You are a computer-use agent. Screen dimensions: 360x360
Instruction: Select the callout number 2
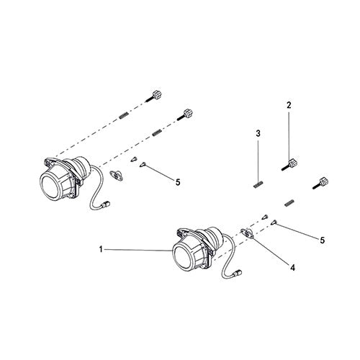click(289, 106)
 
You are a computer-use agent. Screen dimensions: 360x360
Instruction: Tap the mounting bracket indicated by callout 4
click(246, 232)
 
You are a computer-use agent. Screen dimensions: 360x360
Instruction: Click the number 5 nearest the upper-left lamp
click(177, 182)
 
